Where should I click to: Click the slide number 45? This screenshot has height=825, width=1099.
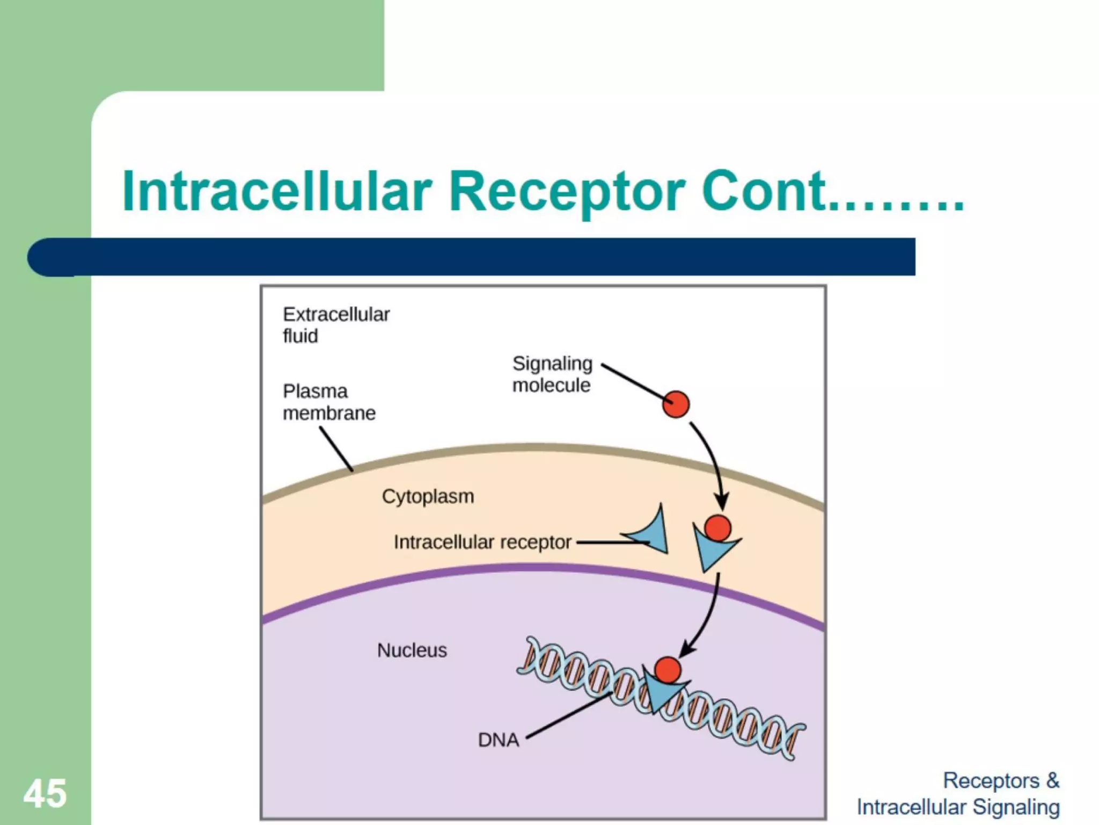pyautogui.click(x=45, y=793)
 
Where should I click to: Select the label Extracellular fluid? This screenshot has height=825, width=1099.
pyautogui.click(x=336, y=325)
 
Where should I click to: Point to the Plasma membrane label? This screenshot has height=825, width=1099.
pyautogui.click(x=329, y=402)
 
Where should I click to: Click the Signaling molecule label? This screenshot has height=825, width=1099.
pyautogui.click(x=552, y=374)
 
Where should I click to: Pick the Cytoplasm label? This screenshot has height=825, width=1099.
pyautogui.click(x=428, y=496)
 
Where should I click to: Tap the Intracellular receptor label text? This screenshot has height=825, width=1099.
pyautogui.click(x=482, y=542)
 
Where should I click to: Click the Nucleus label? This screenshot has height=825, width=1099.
pyautogui.click(x=412, y=650)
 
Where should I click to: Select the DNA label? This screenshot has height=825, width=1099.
pyautogui.click(x=499, y=740)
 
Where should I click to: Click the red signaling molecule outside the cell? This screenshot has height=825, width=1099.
pyautogui.click(x=676, y=404)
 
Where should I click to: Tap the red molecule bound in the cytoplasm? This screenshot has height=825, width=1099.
pyautogui.click(x=717, y=528)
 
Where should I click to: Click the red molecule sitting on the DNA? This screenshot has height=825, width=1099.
pyautogui.click(x=668, y=670)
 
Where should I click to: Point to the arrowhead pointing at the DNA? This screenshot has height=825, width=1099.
pyautogui.click(x=687, y=650)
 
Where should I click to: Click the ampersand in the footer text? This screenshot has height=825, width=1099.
pyautogui.click(x=1052, y=780)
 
